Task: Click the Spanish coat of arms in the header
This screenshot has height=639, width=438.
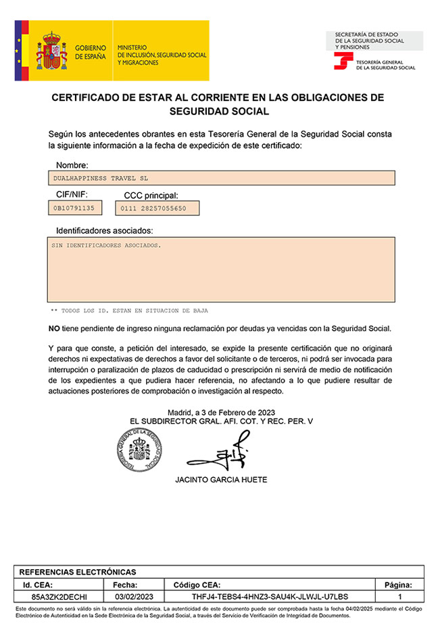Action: click(x=51, y=51)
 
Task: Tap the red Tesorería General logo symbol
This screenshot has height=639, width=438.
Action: click(x=343, y=62)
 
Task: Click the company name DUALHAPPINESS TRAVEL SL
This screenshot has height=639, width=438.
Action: click(x=100, y=178)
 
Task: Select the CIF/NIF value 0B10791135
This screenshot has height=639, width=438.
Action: click(x=74, y=207)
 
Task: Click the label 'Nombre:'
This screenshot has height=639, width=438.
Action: click(x=72, y=165)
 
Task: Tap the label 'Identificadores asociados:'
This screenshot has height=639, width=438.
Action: click(x=104, y=231)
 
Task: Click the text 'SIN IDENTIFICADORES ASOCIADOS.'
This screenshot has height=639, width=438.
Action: click(x=107, y=245)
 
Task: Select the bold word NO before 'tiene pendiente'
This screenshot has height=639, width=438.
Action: click(x=54, y=328)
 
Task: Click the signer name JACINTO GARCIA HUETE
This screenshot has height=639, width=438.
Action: click(x=221, y=480)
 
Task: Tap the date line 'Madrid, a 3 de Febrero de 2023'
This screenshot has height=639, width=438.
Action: click(x=221, y=412)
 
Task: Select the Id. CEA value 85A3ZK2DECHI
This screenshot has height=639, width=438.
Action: click(x=59, y=596)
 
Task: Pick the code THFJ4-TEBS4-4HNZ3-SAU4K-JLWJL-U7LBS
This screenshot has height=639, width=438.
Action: click(x=270, y=596)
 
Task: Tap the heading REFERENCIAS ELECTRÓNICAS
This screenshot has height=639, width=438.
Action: click(x=78, y=572)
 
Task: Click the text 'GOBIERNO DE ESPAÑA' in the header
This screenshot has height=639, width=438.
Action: click(x=91, y=52)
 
